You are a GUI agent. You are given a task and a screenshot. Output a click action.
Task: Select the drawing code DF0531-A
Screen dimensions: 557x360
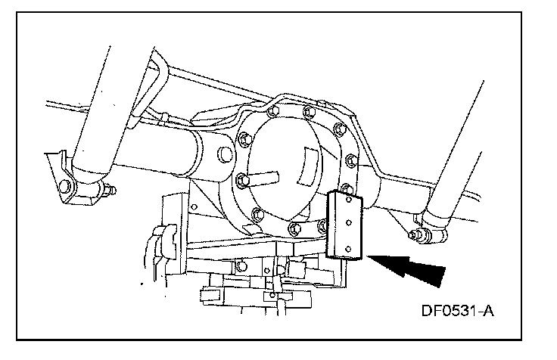click(x=451, y=310)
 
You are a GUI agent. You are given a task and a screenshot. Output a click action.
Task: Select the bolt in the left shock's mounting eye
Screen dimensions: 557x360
click(x=67, y=185)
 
